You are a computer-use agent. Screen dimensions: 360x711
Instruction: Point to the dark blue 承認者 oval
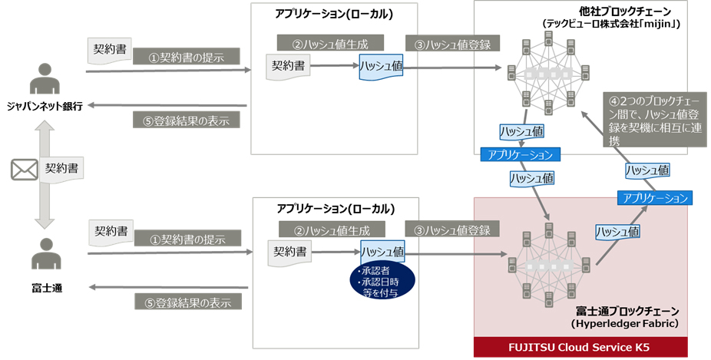[x=382, y=281]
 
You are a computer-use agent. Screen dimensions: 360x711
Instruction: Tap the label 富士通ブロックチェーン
[x=627, y=312]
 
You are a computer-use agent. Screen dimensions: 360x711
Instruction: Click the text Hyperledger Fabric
[x=628, y=324]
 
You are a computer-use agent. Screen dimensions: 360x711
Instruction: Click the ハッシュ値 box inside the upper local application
[x=382, y=67]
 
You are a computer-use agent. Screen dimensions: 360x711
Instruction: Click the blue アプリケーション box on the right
[x=655, y=197]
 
